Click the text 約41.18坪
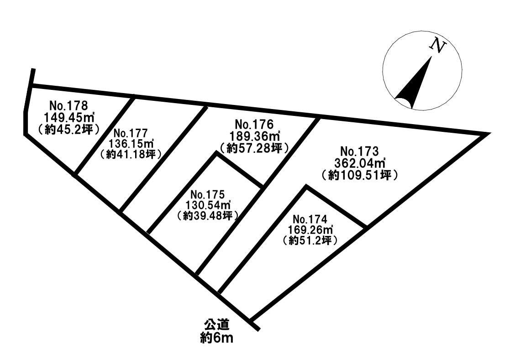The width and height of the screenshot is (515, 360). point(130,154)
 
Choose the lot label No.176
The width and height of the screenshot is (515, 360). point(254,124)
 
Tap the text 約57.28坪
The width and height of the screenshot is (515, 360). point(254,147)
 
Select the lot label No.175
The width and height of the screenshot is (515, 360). point(208,193)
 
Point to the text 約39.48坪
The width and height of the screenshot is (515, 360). point(208,215)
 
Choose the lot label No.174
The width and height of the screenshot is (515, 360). point(311,219)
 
